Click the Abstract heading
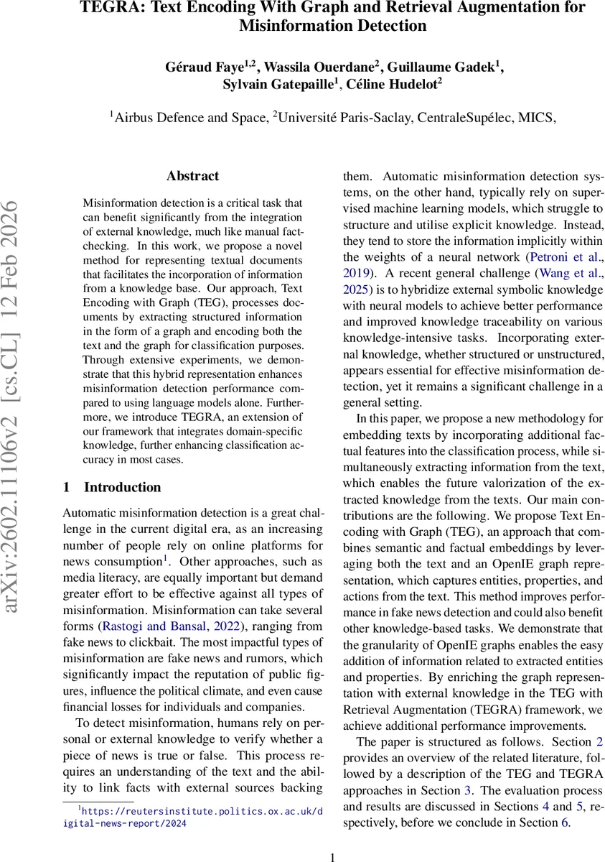tap(192, 176)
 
